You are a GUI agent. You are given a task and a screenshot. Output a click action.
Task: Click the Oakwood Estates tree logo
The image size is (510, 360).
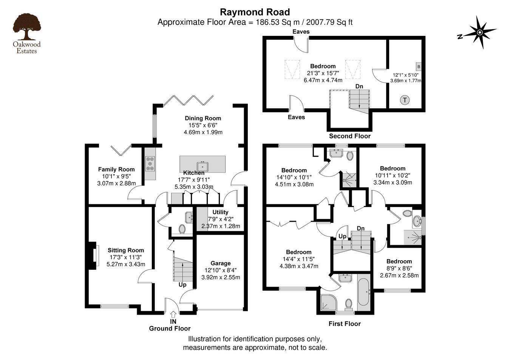27,33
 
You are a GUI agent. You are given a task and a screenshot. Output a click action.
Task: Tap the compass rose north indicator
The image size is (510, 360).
477,32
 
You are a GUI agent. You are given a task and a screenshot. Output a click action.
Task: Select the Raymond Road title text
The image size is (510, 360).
255,12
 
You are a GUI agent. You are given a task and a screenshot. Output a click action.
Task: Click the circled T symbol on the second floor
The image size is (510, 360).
405,100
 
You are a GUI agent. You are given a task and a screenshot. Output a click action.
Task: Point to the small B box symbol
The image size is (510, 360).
419,67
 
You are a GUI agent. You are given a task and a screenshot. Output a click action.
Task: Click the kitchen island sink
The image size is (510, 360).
202,166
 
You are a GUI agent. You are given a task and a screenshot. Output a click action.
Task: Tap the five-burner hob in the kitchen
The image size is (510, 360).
150,164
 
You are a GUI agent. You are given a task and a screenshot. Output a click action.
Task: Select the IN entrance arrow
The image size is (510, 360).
173,314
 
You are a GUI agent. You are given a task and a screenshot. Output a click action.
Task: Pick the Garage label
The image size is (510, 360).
221,263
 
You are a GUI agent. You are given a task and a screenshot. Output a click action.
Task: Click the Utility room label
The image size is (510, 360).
220,212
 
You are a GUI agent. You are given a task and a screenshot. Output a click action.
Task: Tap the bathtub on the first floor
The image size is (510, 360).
363,292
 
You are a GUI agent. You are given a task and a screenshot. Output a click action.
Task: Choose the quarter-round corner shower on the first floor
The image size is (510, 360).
328,302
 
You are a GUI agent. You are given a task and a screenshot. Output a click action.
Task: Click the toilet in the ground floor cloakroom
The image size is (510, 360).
182,229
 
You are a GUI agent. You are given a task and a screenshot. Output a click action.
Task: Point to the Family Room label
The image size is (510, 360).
116,169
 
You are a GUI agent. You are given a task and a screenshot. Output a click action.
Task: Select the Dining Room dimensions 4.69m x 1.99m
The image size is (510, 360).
203,132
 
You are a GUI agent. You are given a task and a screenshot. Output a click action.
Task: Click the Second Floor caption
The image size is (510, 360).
350,136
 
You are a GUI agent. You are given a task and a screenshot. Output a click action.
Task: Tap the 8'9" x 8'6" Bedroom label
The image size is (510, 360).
399,261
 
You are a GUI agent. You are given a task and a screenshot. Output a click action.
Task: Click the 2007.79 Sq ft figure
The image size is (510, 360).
329,22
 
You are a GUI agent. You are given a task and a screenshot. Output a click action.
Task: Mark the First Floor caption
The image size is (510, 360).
345,324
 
